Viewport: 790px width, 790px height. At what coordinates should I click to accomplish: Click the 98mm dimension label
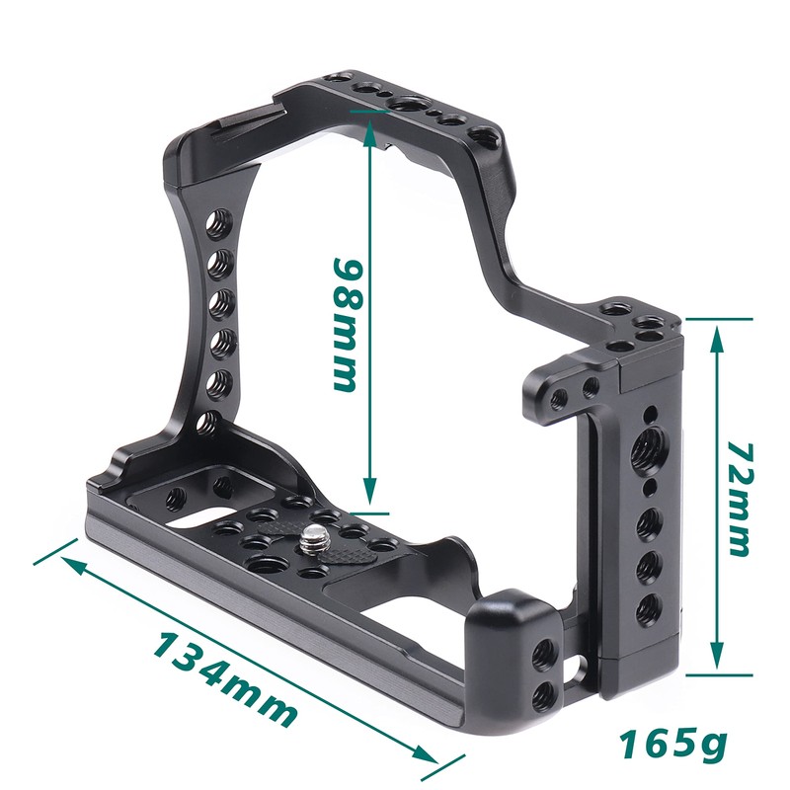click(347, 326)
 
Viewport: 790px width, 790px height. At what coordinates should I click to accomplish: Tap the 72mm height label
click(740, 499)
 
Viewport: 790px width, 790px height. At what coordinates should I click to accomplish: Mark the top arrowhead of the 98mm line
click(371, 118)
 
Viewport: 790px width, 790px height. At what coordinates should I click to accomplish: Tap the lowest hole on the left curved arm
click(206, 424)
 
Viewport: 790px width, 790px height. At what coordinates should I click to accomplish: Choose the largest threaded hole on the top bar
click(406, 105)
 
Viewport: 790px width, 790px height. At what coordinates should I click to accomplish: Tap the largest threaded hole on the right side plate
click(651, 449)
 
